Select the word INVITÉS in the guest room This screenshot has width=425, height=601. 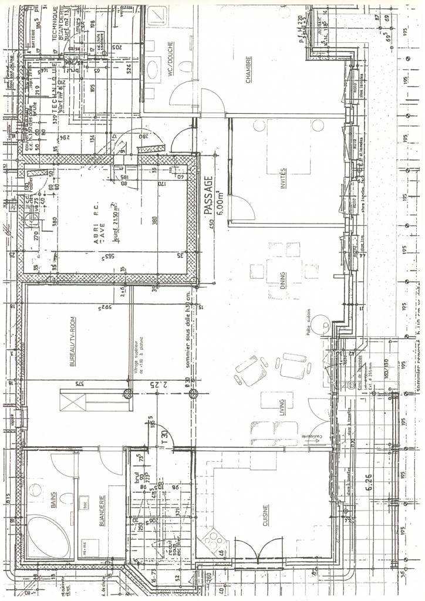pos(283,178)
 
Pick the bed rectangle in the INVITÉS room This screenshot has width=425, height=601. pos(290,147)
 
